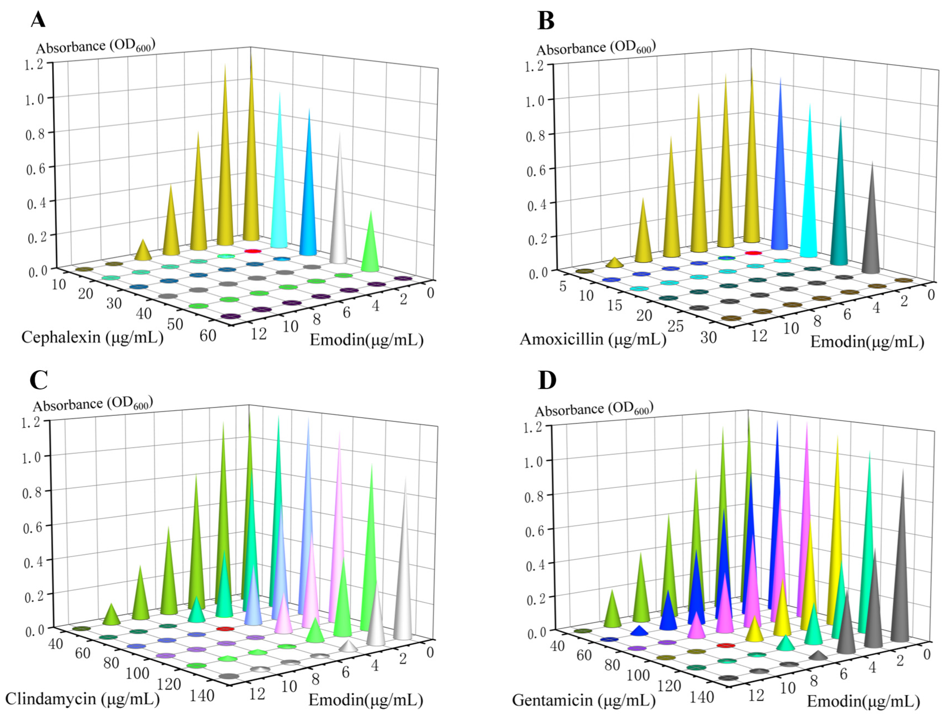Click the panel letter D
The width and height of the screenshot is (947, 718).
pyautogui.click(x=547, y=380)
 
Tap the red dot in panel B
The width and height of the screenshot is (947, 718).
pyautogui.click(x=753, y=253)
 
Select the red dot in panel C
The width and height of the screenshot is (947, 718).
pyautogui.click(x=225, y=629)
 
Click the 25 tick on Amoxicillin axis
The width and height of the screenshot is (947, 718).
pyautogui.click(x=676, y=326)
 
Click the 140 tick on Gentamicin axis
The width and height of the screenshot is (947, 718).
pyautogui.click(x=701, y=697)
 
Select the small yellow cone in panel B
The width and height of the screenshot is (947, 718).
pyautogui.click(x=615, y=263)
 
